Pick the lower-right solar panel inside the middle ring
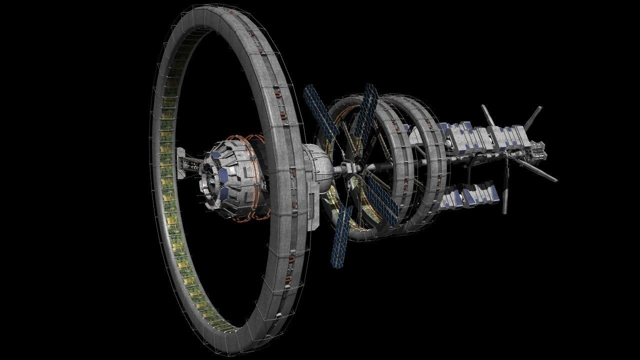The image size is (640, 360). [382, 199]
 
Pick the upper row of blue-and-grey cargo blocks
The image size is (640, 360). [487, 136]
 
